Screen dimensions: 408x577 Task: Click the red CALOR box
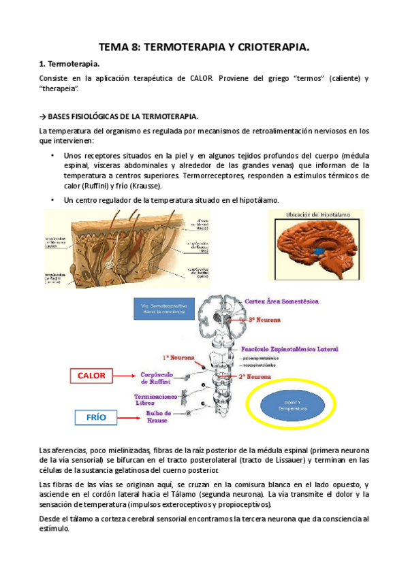click(92, 375)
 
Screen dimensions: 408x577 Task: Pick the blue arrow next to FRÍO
click(129, 417)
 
